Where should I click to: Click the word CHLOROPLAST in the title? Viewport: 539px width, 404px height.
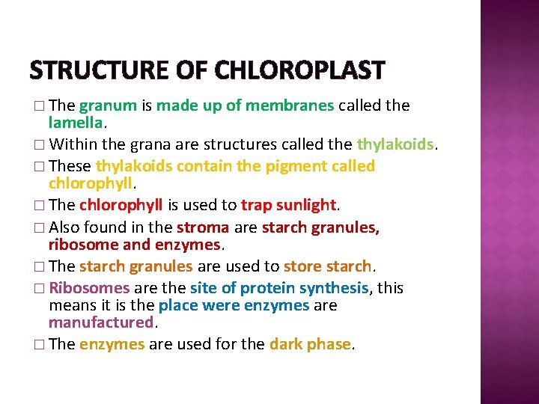coord(299,71)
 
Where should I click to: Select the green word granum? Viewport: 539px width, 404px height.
coord(108,105)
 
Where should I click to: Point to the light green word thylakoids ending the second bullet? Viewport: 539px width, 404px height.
coord(395,143)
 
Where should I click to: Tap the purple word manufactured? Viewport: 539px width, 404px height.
coord(100,322)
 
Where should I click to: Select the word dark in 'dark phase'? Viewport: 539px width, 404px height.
coord(285,344)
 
